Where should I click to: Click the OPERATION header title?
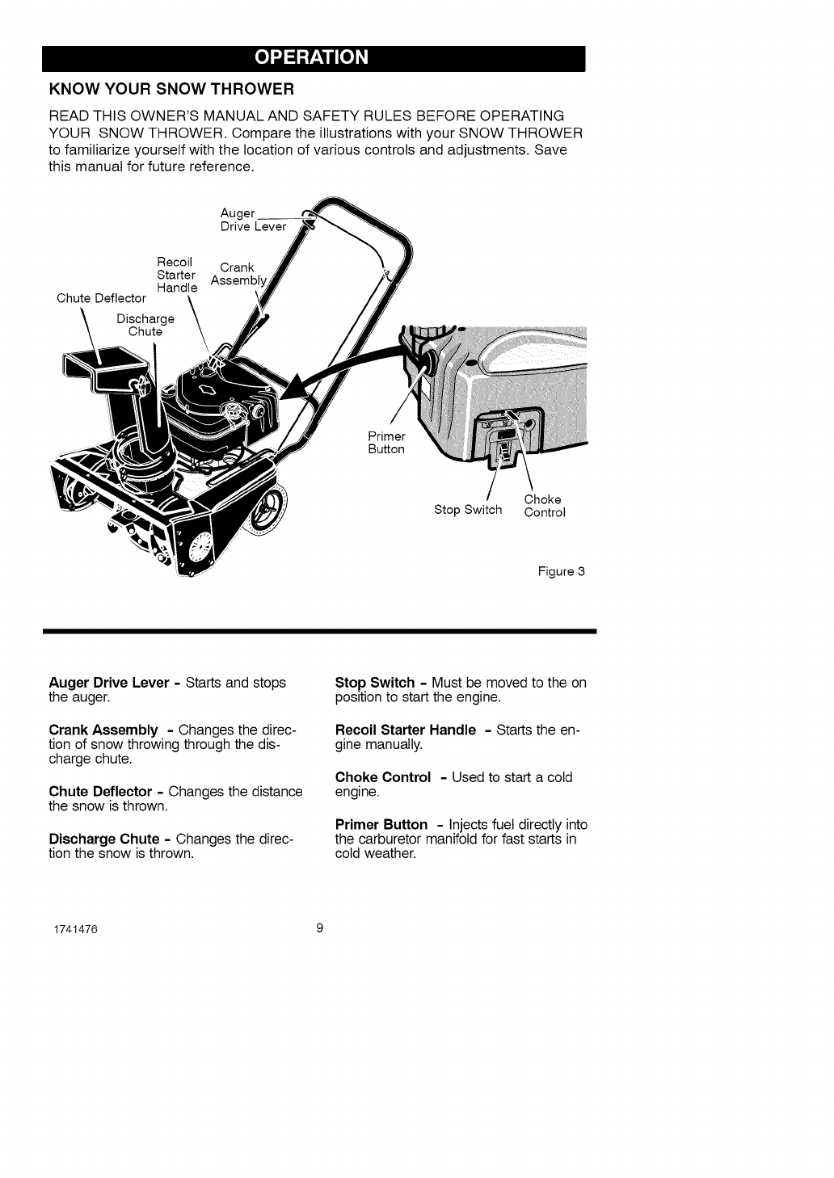point(312,58)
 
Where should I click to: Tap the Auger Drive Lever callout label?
point(252,220)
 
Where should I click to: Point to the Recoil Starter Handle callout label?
point(176,275)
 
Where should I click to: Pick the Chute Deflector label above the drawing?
point(101,299)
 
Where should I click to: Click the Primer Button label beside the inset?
point(386,443)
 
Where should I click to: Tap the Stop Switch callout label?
point(468,510)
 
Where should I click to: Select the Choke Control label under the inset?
point(544,506)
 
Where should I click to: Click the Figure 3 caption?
point(561,572)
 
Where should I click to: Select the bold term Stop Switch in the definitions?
point(373,683)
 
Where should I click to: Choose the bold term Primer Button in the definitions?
point(381,825)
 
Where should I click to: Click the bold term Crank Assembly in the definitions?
point(103,730)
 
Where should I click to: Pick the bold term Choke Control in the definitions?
point(383,777)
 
